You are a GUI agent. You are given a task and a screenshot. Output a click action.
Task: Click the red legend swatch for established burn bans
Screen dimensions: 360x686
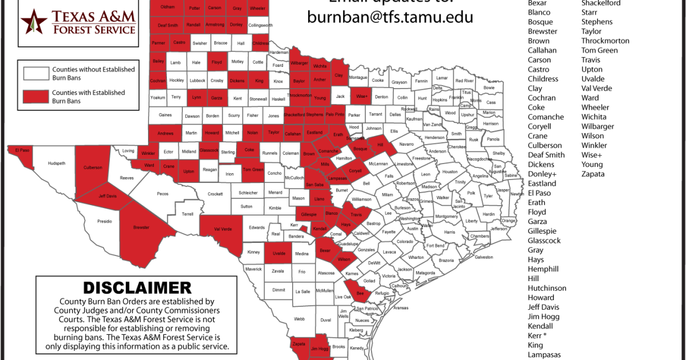click(35, 97)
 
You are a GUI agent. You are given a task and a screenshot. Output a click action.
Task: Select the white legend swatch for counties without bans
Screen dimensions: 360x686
click(35, 73)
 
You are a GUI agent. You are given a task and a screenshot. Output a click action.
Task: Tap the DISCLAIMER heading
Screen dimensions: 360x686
click(137, 287)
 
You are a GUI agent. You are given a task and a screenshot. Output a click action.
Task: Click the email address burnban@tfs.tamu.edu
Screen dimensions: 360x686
click(390, 17)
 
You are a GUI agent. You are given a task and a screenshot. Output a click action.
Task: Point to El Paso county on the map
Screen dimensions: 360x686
click(22, 150)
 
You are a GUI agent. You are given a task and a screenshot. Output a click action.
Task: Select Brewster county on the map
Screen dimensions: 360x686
click(141, 227)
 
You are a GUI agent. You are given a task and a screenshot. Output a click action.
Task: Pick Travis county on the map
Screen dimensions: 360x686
click(356, 215)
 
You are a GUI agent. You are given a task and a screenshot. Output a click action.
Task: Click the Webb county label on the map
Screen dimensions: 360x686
click(299, 319)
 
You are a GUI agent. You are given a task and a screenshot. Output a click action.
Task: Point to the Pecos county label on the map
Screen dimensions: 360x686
click(163, 194)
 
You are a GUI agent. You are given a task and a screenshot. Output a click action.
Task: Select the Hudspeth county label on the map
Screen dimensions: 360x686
click(57, 163)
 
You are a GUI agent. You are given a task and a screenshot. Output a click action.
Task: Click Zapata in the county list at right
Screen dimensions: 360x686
click(593, 174)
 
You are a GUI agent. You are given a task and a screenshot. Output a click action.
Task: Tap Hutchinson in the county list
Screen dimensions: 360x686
click(547, 288)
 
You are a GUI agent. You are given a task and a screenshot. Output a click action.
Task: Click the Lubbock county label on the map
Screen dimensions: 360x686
click(197, 81)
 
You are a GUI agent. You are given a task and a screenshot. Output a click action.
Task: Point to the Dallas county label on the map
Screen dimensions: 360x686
click(395, 114)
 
